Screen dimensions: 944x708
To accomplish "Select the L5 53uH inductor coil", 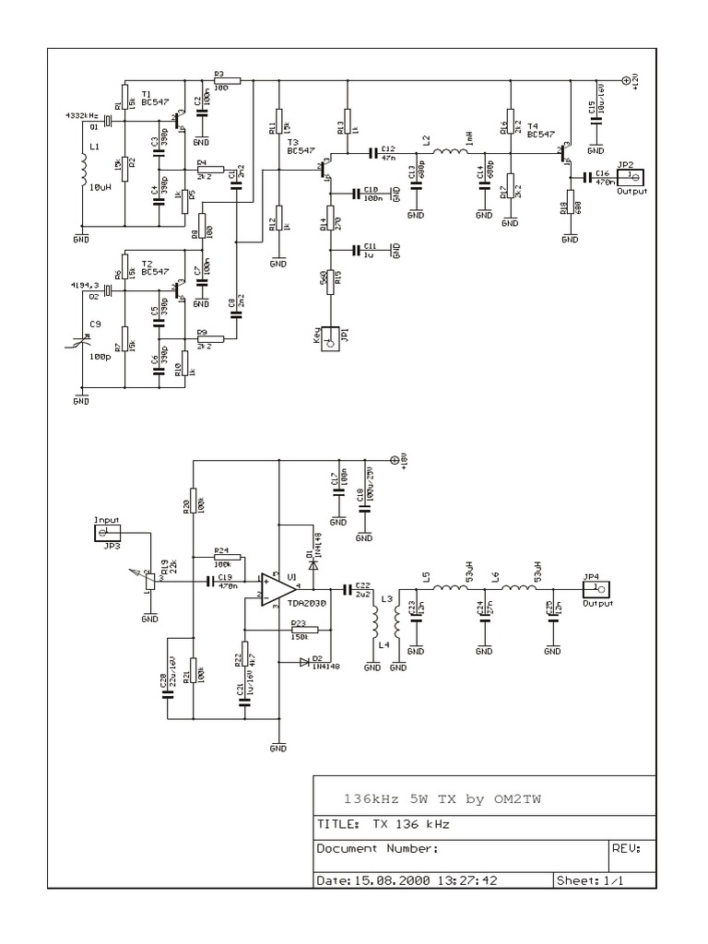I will tap(449, 588).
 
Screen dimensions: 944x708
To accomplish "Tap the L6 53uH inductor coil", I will tap(519, 588).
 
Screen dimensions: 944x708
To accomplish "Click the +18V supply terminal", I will tap(395, 458).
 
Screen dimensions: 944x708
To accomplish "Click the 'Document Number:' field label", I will tap(377, 849).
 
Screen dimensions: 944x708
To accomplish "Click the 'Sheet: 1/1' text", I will tap(591, 880).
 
